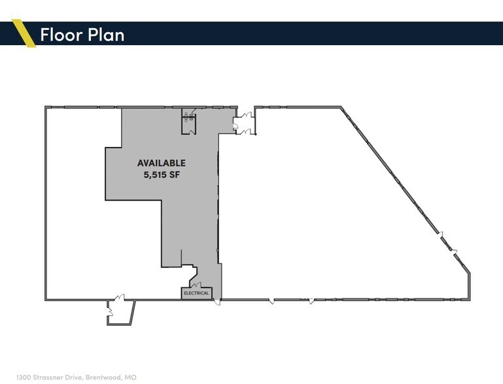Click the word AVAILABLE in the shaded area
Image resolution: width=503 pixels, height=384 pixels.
pos(162,163)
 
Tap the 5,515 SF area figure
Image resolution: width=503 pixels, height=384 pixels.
pos(161,174)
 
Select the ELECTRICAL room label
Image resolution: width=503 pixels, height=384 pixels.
pos(197,293)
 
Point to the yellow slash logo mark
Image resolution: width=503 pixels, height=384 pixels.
pos(25,34)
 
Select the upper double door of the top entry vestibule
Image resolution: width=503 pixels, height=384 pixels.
pos(245,116)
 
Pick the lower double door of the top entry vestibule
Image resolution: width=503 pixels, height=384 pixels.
pos(245,130)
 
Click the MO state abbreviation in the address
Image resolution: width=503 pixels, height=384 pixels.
pos(131,377)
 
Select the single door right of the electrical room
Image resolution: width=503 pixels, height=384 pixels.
pos(218,300)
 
